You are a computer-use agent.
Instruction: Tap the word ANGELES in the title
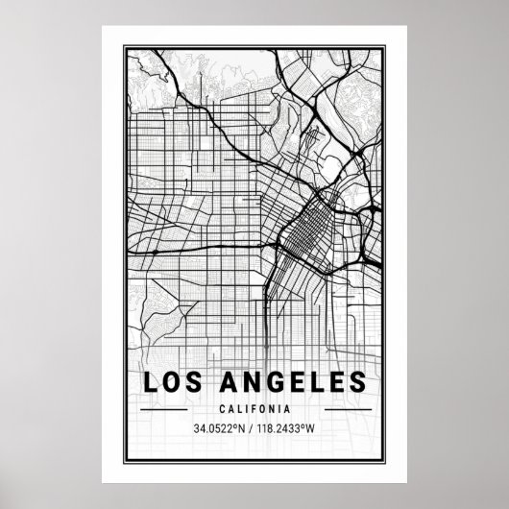295,382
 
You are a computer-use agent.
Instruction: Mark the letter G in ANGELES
279,382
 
